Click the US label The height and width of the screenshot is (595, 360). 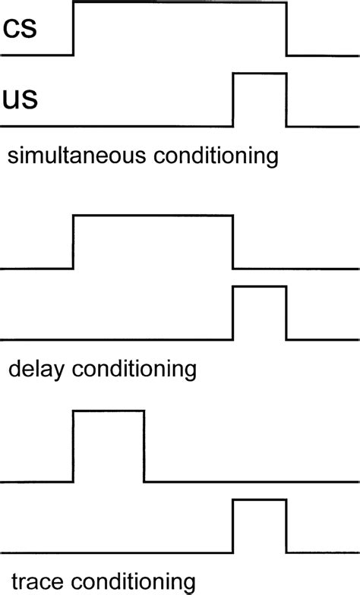(21, 99)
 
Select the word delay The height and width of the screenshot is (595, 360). (37, 370)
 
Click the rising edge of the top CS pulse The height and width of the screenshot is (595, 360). (73, 29)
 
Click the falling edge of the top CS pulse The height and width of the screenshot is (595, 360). (287, 29)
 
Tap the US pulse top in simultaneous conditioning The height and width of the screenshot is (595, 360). (260, 74)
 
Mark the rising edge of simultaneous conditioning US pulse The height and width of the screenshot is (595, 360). (232, 99)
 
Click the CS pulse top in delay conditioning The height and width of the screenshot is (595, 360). (152, 216)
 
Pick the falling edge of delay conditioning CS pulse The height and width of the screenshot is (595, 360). (232, 242)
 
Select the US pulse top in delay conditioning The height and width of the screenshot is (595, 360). (260, 287)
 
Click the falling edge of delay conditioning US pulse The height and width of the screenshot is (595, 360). (287, 313)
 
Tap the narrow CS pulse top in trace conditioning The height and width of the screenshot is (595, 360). (108, 411)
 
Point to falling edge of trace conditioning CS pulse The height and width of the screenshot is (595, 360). (144, 446)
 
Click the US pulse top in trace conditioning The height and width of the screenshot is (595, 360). (260, 500)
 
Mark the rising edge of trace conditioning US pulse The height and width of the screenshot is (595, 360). (232, 526)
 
